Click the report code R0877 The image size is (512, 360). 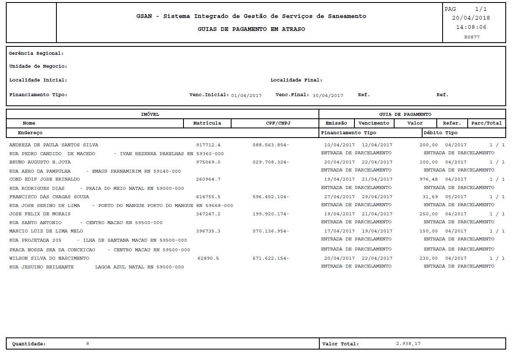pos(472,37)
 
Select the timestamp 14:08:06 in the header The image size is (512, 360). pos(471,27)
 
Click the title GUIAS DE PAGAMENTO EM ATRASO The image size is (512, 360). pos(251,29)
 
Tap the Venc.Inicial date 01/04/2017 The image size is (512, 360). pos(246,95)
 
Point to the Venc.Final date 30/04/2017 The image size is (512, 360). pos(328,95)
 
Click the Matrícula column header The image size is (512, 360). pos(207,123)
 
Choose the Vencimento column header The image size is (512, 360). pos(374,123)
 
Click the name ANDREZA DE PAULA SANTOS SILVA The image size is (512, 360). pos(53,145)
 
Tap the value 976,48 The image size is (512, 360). pos(428,179)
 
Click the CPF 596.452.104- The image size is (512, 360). pos(271,197)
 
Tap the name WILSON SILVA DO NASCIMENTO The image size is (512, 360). pos(49,258)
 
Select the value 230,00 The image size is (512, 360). pos(428,258)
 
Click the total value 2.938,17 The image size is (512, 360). pos(408,344)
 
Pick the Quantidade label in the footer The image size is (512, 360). pos(29,344)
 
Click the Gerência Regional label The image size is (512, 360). pos(36,54)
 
